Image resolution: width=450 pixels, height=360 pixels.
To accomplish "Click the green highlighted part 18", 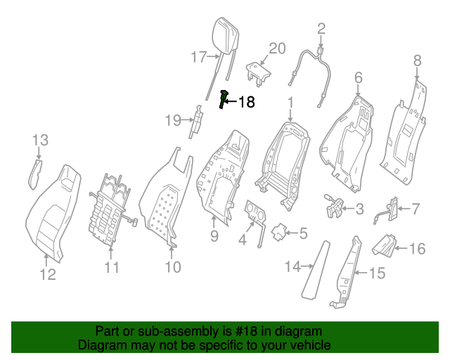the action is coord(224,100).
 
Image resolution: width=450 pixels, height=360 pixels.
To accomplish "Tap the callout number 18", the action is coord(246,102).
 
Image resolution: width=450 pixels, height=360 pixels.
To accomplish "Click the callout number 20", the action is coord(277,49).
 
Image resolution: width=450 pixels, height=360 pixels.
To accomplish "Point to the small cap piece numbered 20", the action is coord(258,72).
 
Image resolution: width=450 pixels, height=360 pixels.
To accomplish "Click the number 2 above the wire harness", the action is coord(321,30).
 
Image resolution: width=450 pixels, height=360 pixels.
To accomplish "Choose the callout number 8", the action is coord(417,61).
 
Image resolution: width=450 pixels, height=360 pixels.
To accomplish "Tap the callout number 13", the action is coord(40,141).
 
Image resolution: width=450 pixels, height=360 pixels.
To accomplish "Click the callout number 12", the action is coord(48,274).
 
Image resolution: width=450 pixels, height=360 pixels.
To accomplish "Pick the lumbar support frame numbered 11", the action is coord(112,210).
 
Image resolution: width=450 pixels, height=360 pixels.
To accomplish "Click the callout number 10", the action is coord(173,267).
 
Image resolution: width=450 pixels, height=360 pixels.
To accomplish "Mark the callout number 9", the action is coord(214,236).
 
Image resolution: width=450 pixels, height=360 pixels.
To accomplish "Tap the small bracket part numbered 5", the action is coord(278,232).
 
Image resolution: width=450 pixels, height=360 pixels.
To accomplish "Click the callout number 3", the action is coord(359,209).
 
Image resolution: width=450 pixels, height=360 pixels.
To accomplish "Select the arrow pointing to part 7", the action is coord(405,209).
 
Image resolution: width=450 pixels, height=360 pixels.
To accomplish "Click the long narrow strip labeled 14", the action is coord(316,270).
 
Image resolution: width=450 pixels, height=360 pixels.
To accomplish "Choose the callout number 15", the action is coord(377,273).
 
